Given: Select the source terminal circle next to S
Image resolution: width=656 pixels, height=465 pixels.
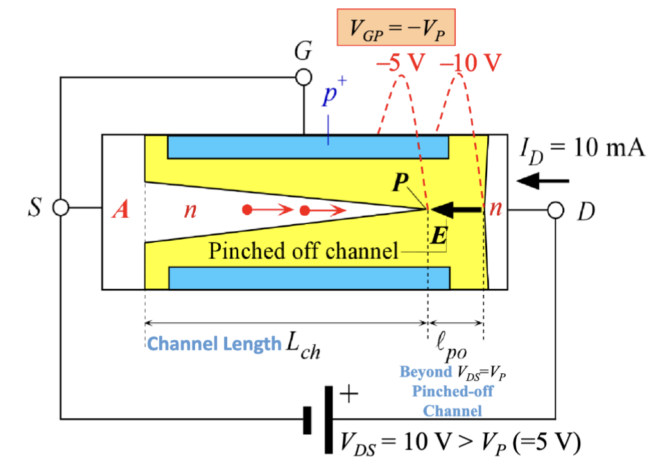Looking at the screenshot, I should click(x=60, y=208).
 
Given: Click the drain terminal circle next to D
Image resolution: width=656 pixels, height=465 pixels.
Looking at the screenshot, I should click(x=555, y=210).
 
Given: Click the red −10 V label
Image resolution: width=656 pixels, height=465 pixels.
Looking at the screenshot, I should click(x=470, y=63).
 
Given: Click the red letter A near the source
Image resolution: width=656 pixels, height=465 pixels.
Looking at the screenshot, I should click(x=121, y=211).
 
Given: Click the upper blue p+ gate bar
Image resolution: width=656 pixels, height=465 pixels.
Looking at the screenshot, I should click(x=308, y=147).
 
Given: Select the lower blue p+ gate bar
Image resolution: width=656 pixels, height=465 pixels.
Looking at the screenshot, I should click(x=308, y=277).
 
